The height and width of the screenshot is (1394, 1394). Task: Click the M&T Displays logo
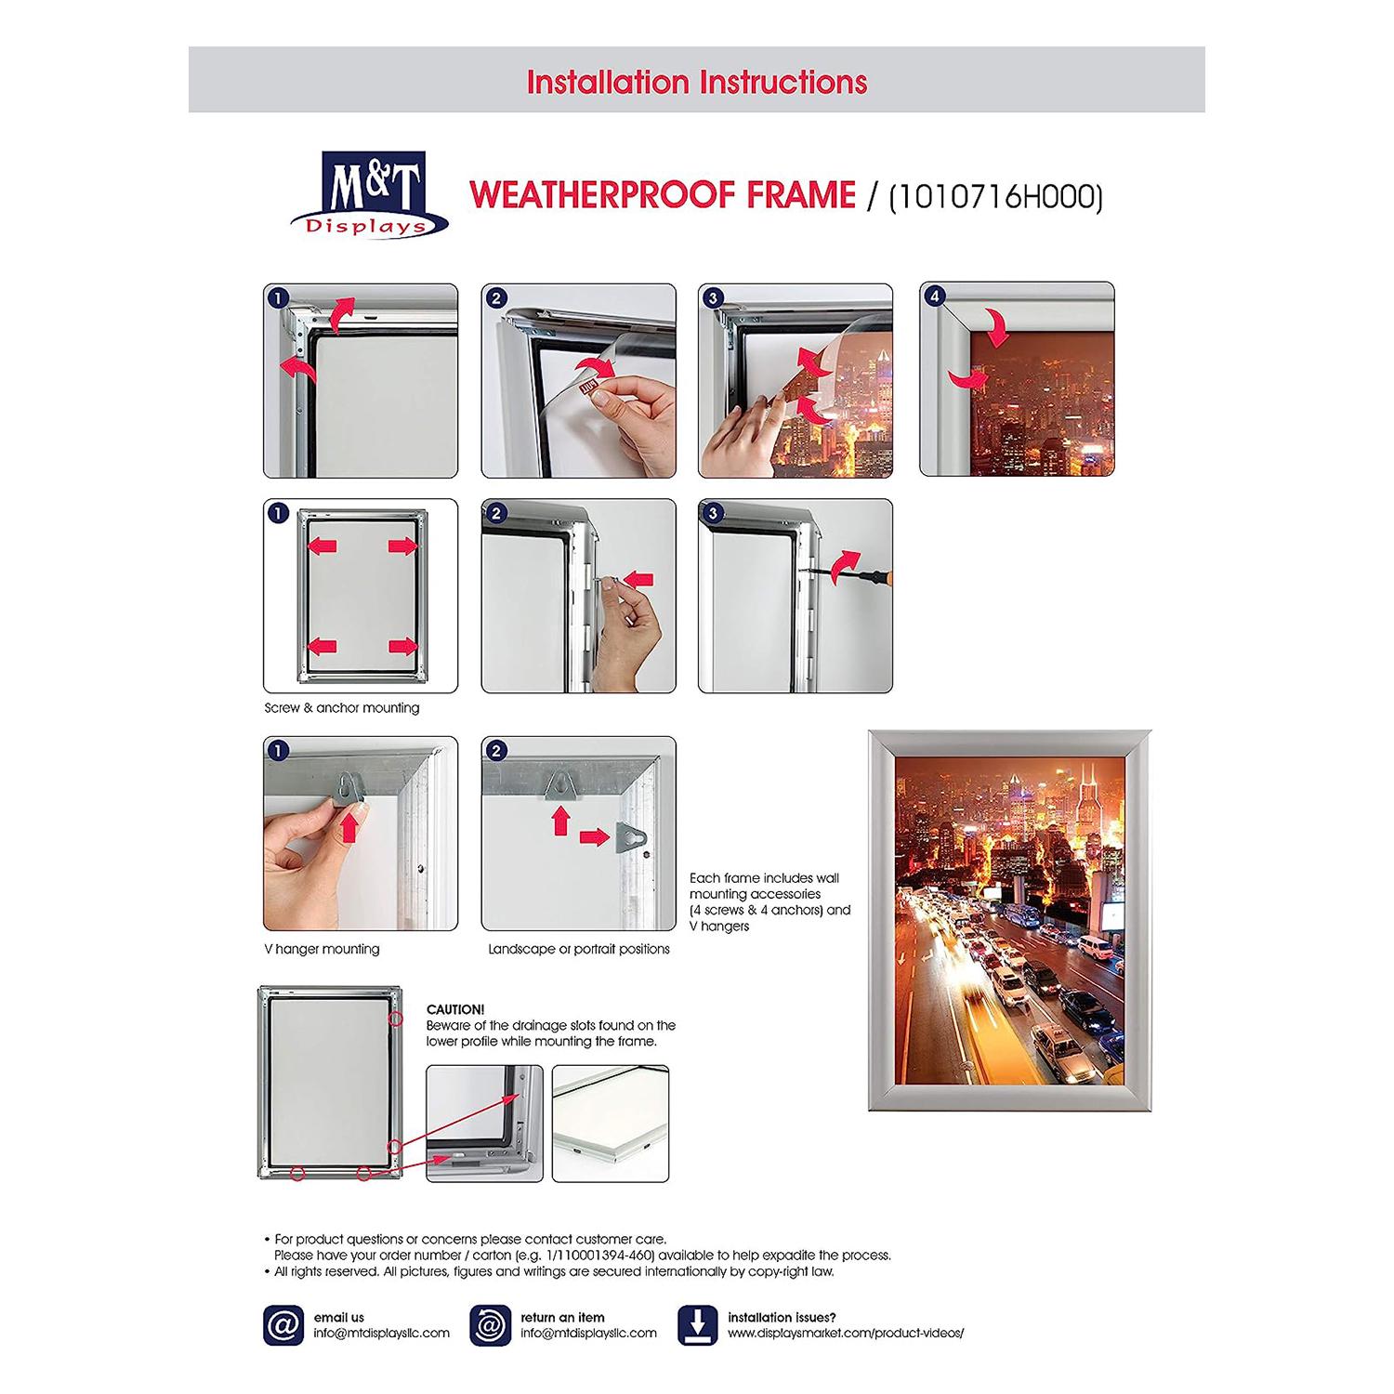[x=370, y=195]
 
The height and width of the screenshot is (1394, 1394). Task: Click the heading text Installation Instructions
[x=696, y=82]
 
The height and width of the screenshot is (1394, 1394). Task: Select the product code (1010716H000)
[x=995, y=196]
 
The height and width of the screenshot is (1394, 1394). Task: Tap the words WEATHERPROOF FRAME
[x=663, y=196]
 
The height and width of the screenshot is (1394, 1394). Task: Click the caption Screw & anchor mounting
[x=342, y=708]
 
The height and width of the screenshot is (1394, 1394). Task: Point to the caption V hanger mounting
[x=322, y=949]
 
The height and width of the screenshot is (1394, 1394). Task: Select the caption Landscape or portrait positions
[x=579, y=949]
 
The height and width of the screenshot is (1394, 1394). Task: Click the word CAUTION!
[x=455, y=1009]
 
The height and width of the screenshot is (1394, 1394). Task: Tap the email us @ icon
[x=283, y=1324]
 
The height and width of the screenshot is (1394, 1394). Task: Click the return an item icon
[x=490, y=1324]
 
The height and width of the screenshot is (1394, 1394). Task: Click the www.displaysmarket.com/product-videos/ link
[x=846, y=1333]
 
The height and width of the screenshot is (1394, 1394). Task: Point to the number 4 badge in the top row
[x=935, y=297]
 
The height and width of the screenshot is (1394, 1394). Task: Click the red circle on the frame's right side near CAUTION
[x=396, y=1019]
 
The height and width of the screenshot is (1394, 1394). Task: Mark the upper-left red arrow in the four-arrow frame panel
[x=322, y=546]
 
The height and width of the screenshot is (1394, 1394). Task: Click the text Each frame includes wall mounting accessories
[x=769, y=901]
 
